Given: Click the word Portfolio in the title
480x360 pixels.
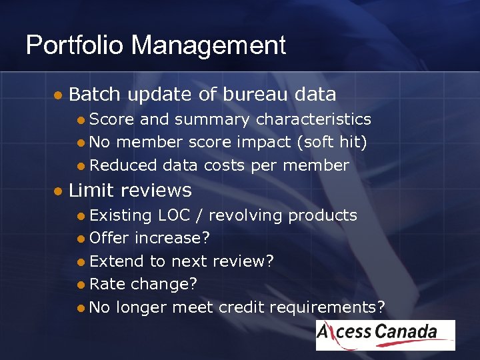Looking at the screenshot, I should pos(75,45).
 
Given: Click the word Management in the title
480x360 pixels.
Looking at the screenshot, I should pos(208,45).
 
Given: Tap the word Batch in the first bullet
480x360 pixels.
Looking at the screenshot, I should pos(95,95).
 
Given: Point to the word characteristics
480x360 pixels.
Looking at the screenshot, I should pos(313,119).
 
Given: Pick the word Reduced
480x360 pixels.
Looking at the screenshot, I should pos(123,165).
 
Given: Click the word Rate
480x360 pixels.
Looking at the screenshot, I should pos(107,284).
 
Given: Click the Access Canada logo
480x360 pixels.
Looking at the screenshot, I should pos(385,335).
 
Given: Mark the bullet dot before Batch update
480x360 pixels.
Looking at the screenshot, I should pos(58,95).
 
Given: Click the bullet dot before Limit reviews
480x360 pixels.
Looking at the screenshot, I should pos(58,191).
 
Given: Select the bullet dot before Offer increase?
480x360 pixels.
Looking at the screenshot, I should pos(80,239).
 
